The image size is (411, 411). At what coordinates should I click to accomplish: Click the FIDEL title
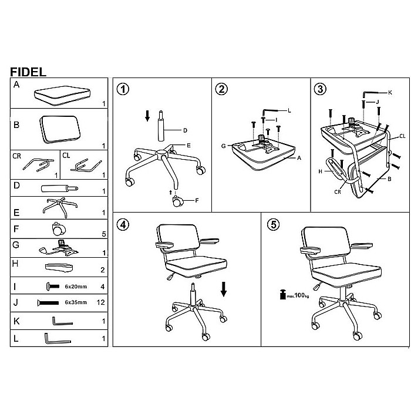28,72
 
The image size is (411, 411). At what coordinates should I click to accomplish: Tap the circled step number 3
320,89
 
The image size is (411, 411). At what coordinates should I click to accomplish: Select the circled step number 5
274,225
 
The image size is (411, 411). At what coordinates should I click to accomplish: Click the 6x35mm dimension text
76,302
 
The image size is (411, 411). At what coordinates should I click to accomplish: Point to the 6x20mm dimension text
76,287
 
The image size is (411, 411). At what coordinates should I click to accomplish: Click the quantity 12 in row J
100,302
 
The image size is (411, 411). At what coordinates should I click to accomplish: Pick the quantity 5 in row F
104,234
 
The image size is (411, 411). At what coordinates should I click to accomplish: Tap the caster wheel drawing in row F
59,229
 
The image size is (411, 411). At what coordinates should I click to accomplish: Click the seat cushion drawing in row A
62,95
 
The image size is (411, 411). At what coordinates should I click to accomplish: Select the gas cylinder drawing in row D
59,188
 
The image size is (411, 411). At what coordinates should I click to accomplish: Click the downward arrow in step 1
147,116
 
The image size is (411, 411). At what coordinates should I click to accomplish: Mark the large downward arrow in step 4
224,289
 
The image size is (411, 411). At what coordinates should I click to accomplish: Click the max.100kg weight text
298,295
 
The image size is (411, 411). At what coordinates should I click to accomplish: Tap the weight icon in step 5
282,294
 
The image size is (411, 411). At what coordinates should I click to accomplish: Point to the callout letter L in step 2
289,110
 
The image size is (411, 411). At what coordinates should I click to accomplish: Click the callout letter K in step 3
390,92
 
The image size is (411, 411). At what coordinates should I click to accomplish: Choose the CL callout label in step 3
402,136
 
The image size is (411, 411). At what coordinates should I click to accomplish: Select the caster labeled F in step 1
177,201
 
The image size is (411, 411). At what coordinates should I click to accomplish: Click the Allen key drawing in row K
62,321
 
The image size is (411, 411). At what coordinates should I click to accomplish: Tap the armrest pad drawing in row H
59,268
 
